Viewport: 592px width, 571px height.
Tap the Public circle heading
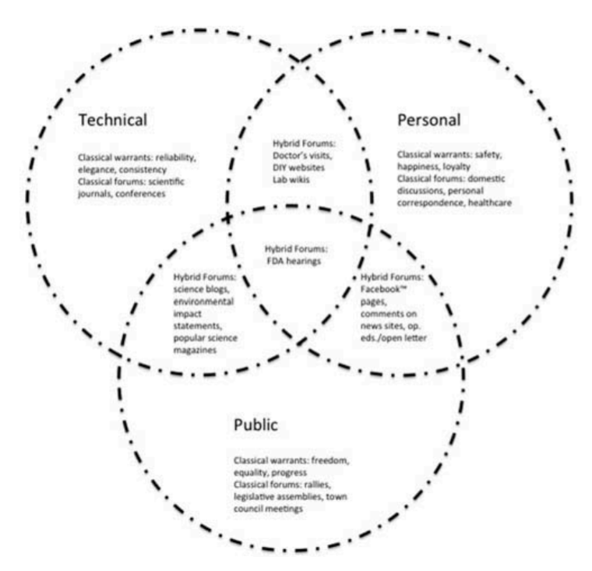pos(255,425)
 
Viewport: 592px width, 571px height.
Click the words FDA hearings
pos(295,261)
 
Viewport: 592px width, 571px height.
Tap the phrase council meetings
pos(273,509)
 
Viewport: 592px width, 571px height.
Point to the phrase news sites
pos(383,326)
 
